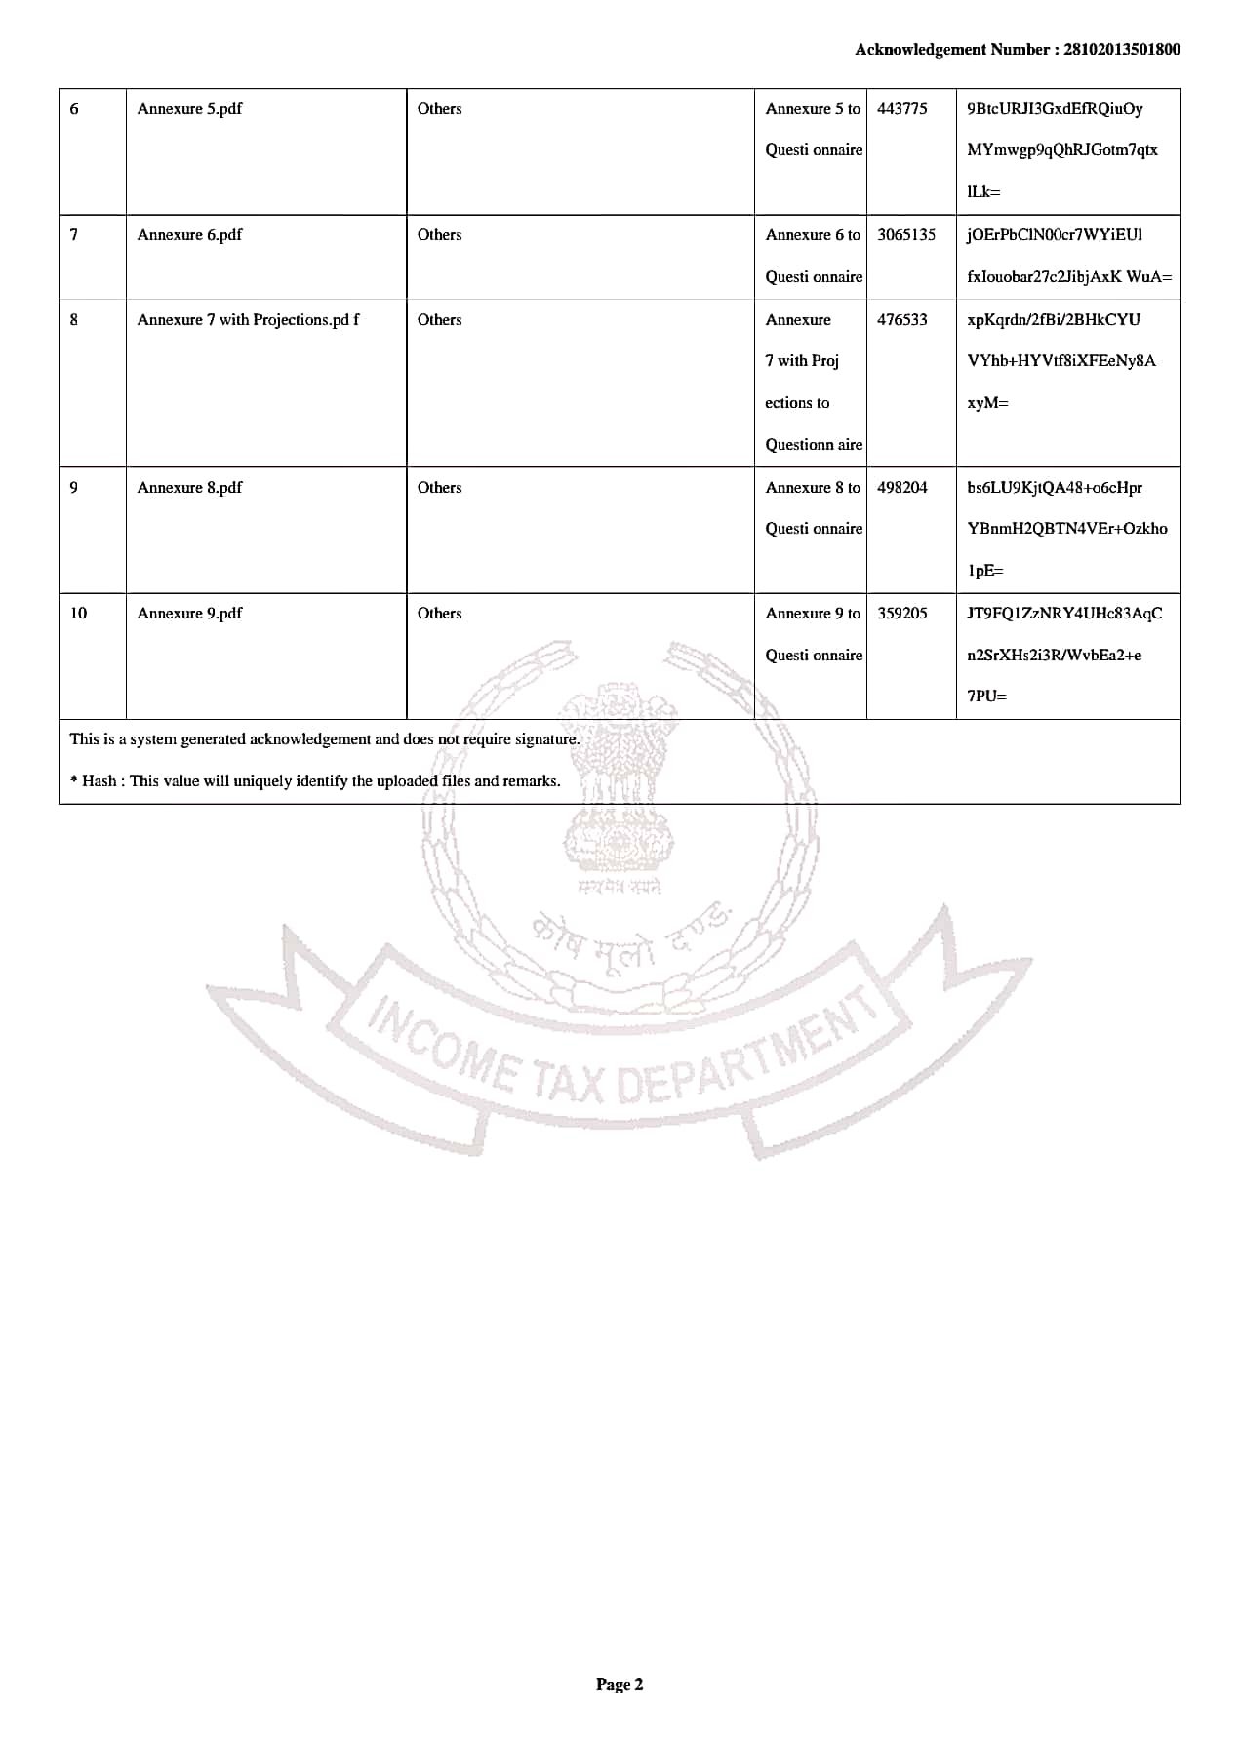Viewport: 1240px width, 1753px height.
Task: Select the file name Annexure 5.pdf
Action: (189, 108)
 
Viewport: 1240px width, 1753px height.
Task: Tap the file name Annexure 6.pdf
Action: (189, 234)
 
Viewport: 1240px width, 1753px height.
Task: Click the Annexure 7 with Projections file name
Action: (248, 319)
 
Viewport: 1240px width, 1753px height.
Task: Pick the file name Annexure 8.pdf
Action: (189, 487)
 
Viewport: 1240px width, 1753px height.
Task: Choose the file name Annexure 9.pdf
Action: (189, 613)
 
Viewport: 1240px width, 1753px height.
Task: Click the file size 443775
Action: (901, 108)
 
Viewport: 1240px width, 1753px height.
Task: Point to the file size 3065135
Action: (905, 234)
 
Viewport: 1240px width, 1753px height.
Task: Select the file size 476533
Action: (901, 319)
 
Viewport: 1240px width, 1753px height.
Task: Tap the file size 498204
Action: (901, 487)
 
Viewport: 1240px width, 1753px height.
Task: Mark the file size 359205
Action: (901, 613)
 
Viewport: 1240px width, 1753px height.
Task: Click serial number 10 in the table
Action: (78, 613)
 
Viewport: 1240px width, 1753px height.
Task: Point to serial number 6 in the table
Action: (74, 108)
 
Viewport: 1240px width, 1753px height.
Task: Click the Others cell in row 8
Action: (439, 319)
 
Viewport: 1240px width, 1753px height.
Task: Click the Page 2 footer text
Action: (620, 1683)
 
